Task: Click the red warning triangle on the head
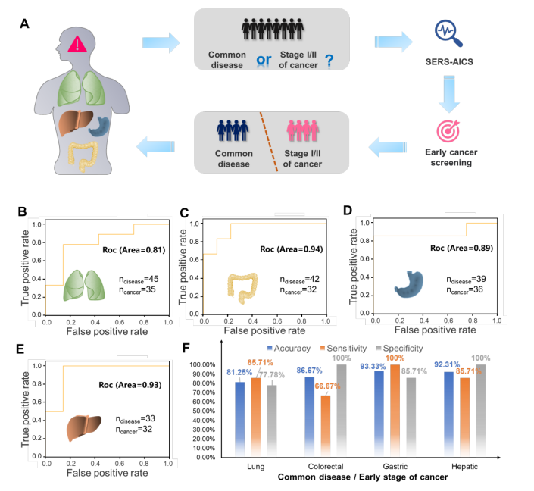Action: pyautogui.click(x=77, y=43)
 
